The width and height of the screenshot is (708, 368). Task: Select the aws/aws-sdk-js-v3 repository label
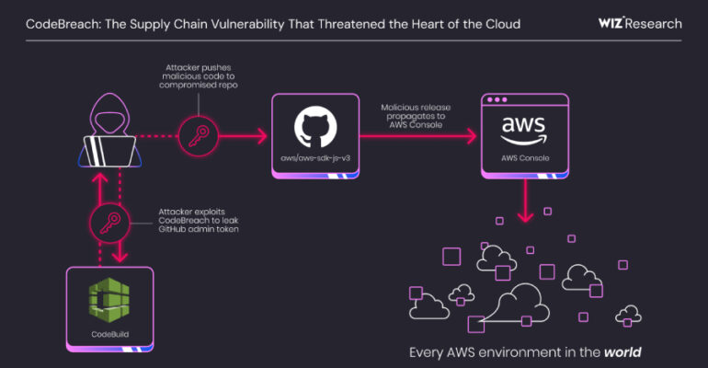coord(314,159)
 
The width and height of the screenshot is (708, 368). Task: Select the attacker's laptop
coord(108,146)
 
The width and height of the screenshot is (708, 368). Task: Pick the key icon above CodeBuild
coord(108,221)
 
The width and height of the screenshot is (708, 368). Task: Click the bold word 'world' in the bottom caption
coord(622,352)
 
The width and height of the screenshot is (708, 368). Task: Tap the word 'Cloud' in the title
coord(498,23)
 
